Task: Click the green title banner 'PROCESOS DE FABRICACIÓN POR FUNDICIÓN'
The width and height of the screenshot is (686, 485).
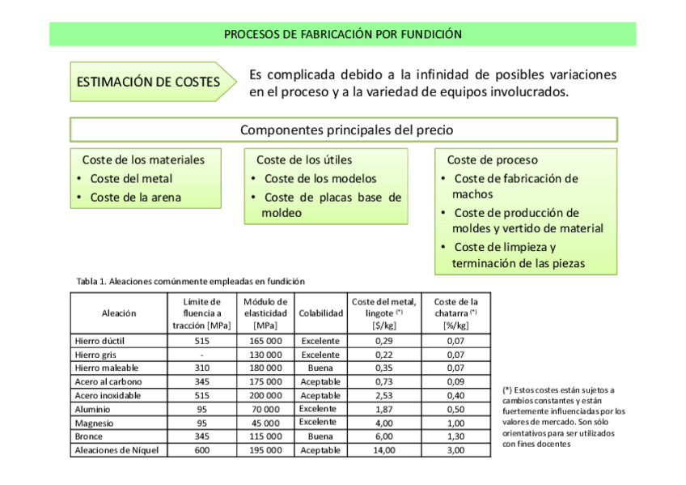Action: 342,34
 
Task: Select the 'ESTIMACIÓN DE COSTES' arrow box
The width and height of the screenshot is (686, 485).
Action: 149,82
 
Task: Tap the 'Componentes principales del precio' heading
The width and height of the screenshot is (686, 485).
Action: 343,130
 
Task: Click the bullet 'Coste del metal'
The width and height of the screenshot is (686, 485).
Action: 131,179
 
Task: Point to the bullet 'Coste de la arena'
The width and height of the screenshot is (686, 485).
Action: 135,197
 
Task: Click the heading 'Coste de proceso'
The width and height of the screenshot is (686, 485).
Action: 492,160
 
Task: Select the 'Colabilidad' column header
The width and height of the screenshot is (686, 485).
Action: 320,313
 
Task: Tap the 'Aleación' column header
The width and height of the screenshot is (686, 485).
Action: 119,313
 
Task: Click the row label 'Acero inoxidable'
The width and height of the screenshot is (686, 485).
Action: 108,395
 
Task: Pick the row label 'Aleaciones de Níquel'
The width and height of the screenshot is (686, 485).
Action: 116,450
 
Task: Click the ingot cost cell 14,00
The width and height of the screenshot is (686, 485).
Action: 383,450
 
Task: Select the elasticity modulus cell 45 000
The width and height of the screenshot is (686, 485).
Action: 266,423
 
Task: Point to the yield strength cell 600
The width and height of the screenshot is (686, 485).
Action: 201,450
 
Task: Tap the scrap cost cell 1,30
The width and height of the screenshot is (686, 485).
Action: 455,436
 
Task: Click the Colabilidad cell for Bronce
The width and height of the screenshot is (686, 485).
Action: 320,436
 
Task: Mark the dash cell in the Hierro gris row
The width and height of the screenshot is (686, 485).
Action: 201,354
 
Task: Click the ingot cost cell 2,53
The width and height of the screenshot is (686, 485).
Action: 383,395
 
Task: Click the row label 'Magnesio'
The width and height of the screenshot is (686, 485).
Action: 94,423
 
